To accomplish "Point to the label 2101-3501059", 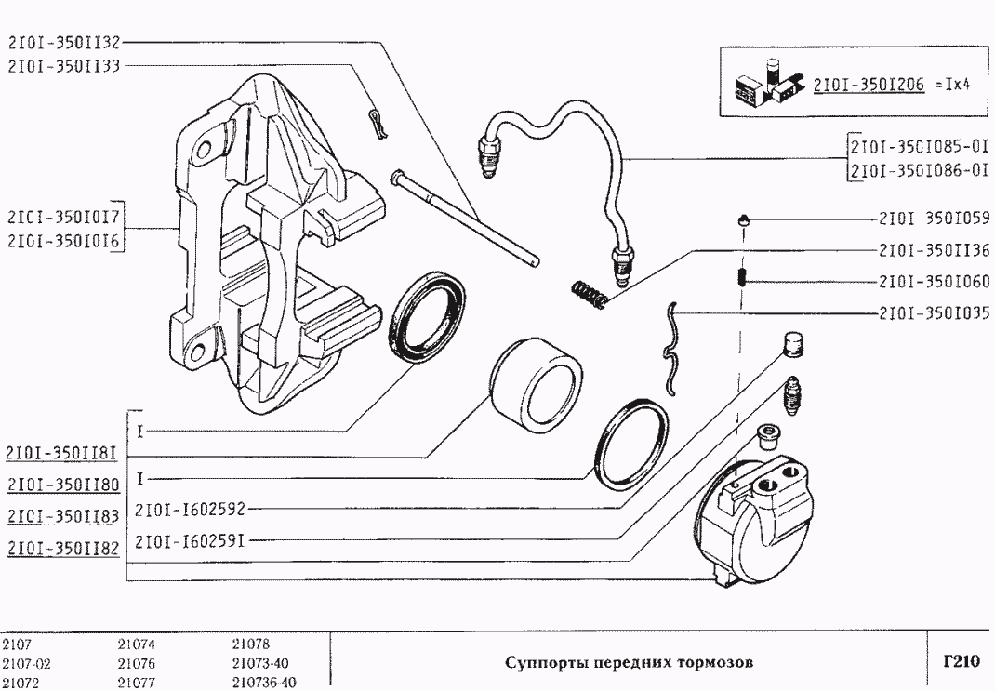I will [x=933, y=220].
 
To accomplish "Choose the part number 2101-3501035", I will [x=933, y=312].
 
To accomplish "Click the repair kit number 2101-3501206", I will [x=868, y=84].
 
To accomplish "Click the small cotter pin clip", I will [x=375, y=123].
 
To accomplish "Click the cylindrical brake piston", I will [x=535, y=382].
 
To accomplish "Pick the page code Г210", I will [x=961, y=662].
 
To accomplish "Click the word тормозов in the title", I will [x=717, y=663].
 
